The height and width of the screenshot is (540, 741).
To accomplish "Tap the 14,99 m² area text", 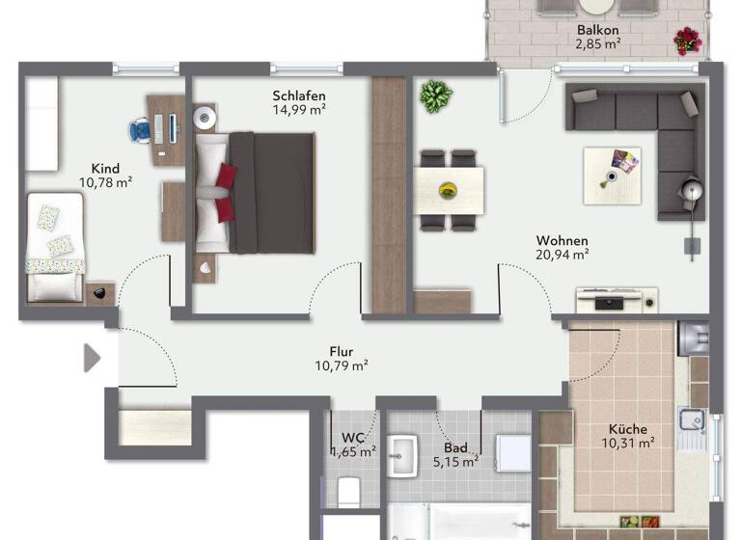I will [x=299, y=110].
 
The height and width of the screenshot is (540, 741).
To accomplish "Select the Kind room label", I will [x=105, y=167].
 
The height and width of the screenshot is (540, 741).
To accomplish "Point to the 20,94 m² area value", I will [x=563, y=256].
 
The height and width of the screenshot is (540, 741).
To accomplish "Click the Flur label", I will [x=342, y=352].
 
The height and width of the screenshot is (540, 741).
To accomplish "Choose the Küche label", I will [x=628, y=429].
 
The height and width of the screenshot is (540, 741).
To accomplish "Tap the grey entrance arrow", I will [x=92, y=358].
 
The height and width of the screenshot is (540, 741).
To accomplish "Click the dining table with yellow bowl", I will [x=449, y=189].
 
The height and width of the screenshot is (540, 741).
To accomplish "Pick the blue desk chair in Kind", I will [x=141, y=128].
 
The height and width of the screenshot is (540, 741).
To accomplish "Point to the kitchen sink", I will [x=692, y=420].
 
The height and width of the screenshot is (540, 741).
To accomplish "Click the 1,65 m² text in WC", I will [x=354, y=451].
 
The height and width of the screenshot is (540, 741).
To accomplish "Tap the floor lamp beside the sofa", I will [x=691, y=192].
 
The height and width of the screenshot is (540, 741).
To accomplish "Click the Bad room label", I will [x=455, y=448].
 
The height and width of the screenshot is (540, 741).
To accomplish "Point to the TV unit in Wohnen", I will [x=617, y=301].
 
